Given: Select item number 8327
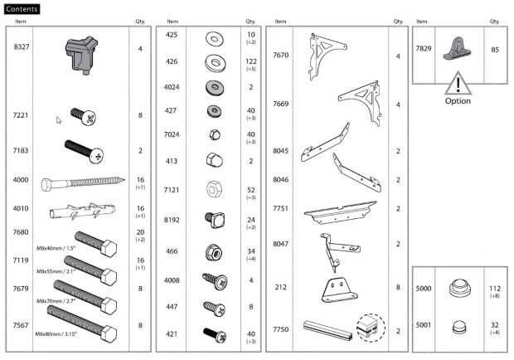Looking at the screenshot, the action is (22, 49).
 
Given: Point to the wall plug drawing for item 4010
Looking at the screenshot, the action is (83, 208).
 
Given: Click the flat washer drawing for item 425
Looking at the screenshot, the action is (211, 36).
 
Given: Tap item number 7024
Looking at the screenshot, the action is (172, 134).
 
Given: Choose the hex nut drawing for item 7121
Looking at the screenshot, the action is (211, 190).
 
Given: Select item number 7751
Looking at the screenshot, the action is (280, 209).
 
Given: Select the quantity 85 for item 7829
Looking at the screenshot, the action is (495, 48).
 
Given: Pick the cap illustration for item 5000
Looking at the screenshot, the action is (457, 289).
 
